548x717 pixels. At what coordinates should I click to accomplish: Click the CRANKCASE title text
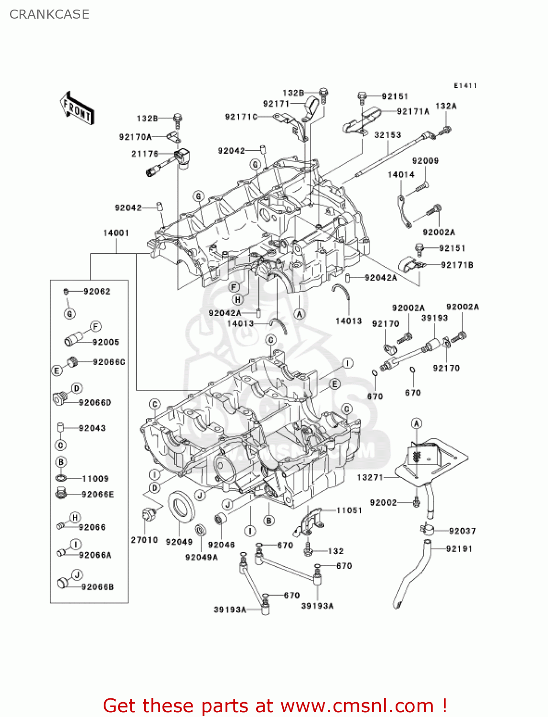pos(49,14)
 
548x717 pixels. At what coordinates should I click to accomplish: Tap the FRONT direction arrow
pos(77,109)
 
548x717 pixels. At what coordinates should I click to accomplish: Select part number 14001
pos(116,233)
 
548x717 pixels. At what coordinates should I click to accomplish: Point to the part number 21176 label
pos(145,154)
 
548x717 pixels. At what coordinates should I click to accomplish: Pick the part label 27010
pos(144,540)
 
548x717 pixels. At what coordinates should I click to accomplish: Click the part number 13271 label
pos(370,477)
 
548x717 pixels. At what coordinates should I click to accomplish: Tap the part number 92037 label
pos(462,531)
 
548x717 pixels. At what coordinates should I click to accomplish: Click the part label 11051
pos(349,511)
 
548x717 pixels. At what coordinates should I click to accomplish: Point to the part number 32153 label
pos(387,135)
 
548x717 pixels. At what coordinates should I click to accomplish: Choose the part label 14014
pos(401,174)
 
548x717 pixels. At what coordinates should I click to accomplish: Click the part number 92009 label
pos(425,161)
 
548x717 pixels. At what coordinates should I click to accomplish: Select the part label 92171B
pos(457,265)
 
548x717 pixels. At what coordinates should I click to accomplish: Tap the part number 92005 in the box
pos(106,342)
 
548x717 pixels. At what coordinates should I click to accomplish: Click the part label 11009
pos(95,478)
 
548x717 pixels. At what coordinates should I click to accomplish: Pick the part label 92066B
pos(97,587)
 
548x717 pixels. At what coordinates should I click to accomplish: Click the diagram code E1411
pos(465,86)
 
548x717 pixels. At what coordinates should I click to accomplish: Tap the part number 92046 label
pos(221,545)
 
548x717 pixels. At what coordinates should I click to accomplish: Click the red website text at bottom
pos(275,706)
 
